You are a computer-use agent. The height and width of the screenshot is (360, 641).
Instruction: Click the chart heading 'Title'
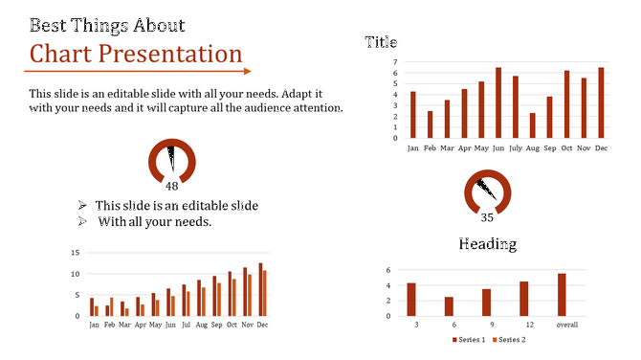381,42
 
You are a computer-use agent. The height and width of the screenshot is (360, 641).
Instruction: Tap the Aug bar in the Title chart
533,125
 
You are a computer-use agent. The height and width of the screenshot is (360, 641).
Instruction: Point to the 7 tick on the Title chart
394,61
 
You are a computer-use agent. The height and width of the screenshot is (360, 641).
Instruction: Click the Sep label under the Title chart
549,148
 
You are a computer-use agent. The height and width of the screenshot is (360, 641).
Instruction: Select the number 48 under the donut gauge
172,187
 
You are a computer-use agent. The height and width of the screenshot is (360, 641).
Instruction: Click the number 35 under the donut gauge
488,217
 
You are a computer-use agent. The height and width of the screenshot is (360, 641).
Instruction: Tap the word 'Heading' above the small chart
487,244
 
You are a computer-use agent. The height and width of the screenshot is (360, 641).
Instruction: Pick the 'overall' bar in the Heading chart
562,295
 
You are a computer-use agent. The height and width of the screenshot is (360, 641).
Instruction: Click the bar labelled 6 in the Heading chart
449,306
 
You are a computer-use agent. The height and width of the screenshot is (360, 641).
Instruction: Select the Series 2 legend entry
510,340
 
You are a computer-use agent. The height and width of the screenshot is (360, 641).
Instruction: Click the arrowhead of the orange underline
247,71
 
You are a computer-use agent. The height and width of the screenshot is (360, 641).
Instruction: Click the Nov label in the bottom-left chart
246,326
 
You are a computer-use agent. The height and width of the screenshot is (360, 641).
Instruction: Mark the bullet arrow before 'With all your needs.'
83,222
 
